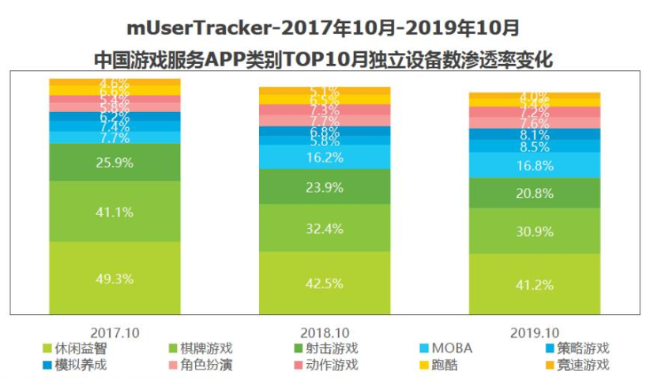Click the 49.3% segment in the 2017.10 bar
pyautogui.click(x=115, y=279)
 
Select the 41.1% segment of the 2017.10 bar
pyautogui.click(x=115, y=212)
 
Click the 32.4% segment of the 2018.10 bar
pyautogui.click(x=325, y=229)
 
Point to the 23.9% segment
pyautogui.click(x=325, y=187)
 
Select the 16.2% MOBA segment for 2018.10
pyautogui.click(x=325, y=157)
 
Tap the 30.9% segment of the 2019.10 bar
pyautogui.click(x=535, y=231)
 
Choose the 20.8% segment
pyautogui.click(x=535, y=193)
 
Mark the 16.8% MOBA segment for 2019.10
pyautogui.click(x=535, y=165)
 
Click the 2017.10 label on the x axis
pyautogui.click(x=115, y=333)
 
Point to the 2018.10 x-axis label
pyautogui.click(x=325, y=333)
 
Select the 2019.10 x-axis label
pyautogui.click(x=535, y=333)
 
